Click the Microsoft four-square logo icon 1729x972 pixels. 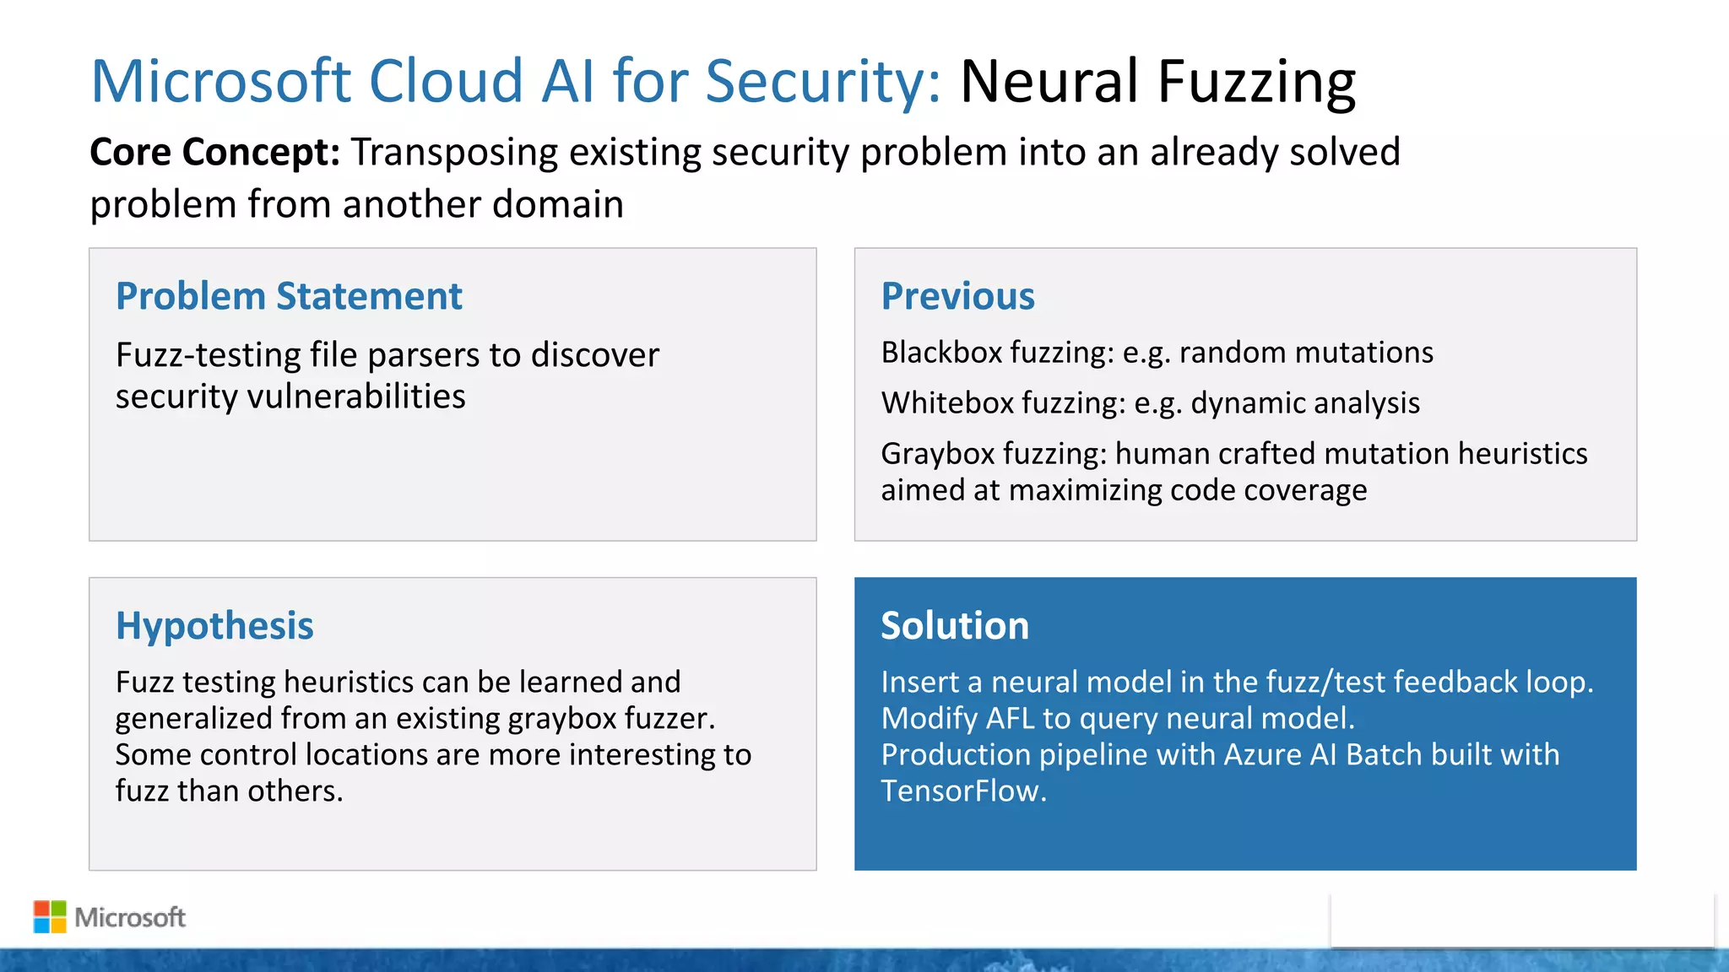(50, 917)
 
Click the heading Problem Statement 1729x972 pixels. (289, 296)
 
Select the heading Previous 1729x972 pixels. (957, 296)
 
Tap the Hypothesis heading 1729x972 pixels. (214, 626)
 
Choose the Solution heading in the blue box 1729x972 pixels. (954, 626)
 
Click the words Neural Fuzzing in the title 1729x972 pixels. (1157, 82)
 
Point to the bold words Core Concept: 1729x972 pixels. (214, 153)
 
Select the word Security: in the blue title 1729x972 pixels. (822, 82)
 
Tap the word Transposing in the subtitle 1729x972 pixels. (454, 153)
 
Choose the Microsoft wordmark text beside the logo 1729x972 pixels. (130, 917)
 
